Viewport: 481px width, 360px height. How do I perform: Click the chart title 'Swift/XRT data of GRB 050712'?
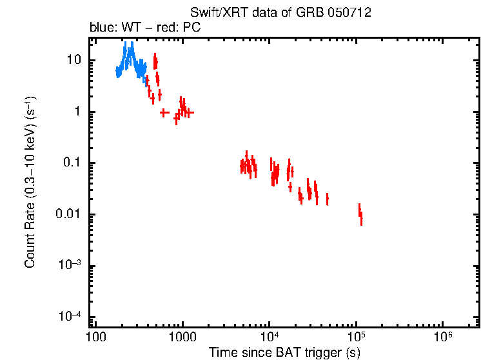[x=280, y=14]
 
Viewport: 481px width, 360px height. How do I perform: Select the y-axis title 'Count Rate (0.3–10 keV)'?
[x=30, y=183]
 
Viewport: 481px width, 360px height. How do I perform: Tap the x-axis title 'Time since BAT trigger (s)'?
[x=284, y=352]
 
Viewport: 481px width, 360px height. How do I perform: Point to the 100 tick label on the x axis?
[x=95, y=337]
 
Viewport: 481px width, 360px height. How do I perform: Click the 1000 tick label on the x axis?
[x=182, y=337]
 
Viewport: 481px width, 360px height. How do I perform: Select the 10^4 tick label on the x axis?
[x=270, y=337]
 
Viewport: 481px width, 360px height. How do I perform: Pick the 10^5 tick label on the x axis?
[x=356, y=337]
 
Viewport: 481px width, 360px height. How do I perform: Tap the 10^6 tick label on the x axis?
[x=443, y=337]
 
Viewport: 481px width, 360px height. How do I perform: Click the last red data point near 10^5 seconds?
[x=361, y=218]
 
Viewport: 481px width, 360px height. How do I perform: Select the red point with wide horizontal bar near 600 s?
[x=164, y=112]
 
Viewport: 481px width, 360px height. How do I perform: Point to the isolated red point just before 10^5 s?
[x=328, y=199]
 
